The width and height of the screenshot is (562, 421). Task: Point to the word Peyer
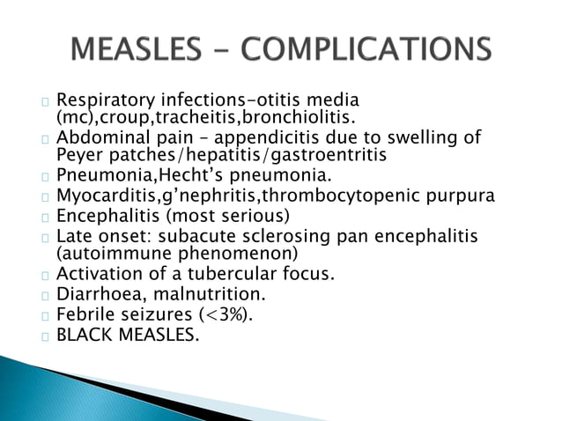tap(78, 155)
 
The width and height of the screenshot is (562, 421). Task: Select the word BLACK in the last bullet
tap(82, 335)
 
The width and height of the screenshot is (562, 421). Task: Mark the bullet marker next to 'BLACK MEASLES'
tap(45, 336)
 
